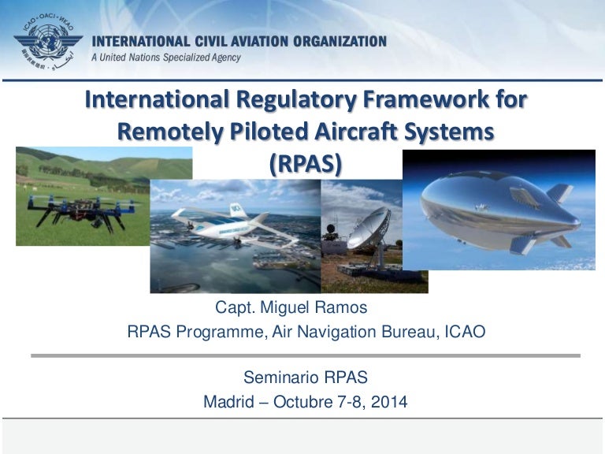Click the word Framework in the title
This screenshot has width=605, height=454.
(x=410, y=101)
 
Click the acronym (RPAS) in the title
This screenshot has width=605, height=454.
(x=306, y=163)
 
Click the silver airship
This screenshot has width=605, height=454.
(x=492, y=209)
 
